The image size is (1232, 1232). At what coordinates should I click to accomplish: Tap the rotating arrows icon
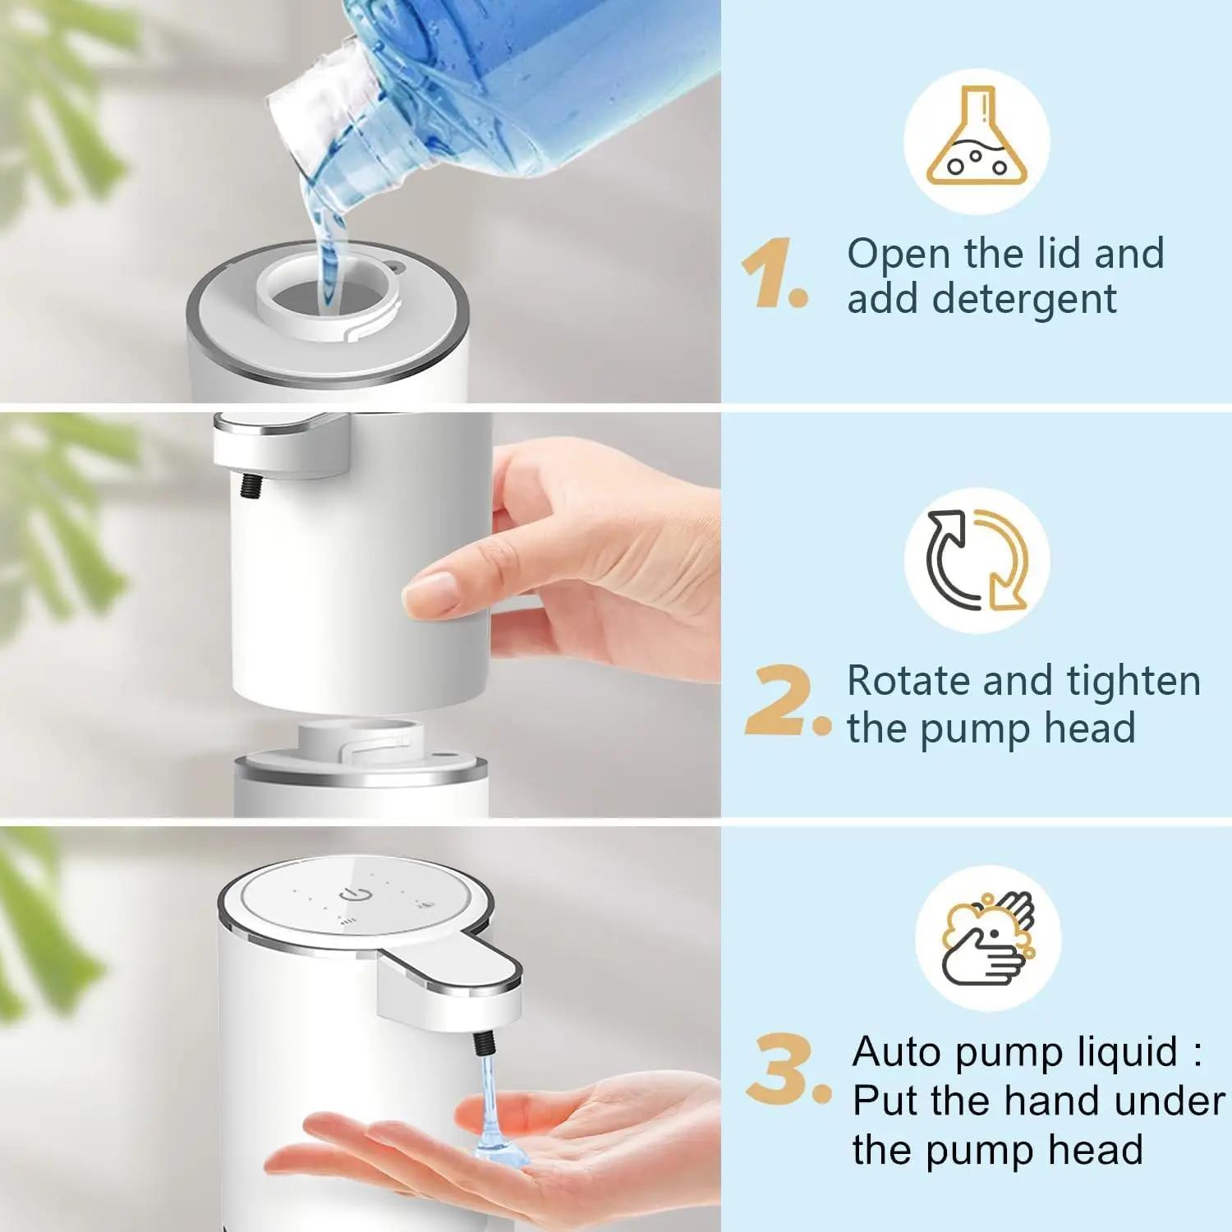[977, 560]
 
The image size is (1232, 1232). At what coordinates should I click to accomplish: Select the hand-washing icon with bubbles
[987, 938]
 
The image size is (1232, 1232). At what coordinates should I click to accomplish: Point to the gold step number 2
[780, 701]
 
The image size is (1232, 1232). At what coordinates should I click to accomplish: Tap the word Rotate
[908, 681]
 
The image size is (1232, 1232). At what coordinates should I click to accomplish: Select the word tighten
[1133, 681]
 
